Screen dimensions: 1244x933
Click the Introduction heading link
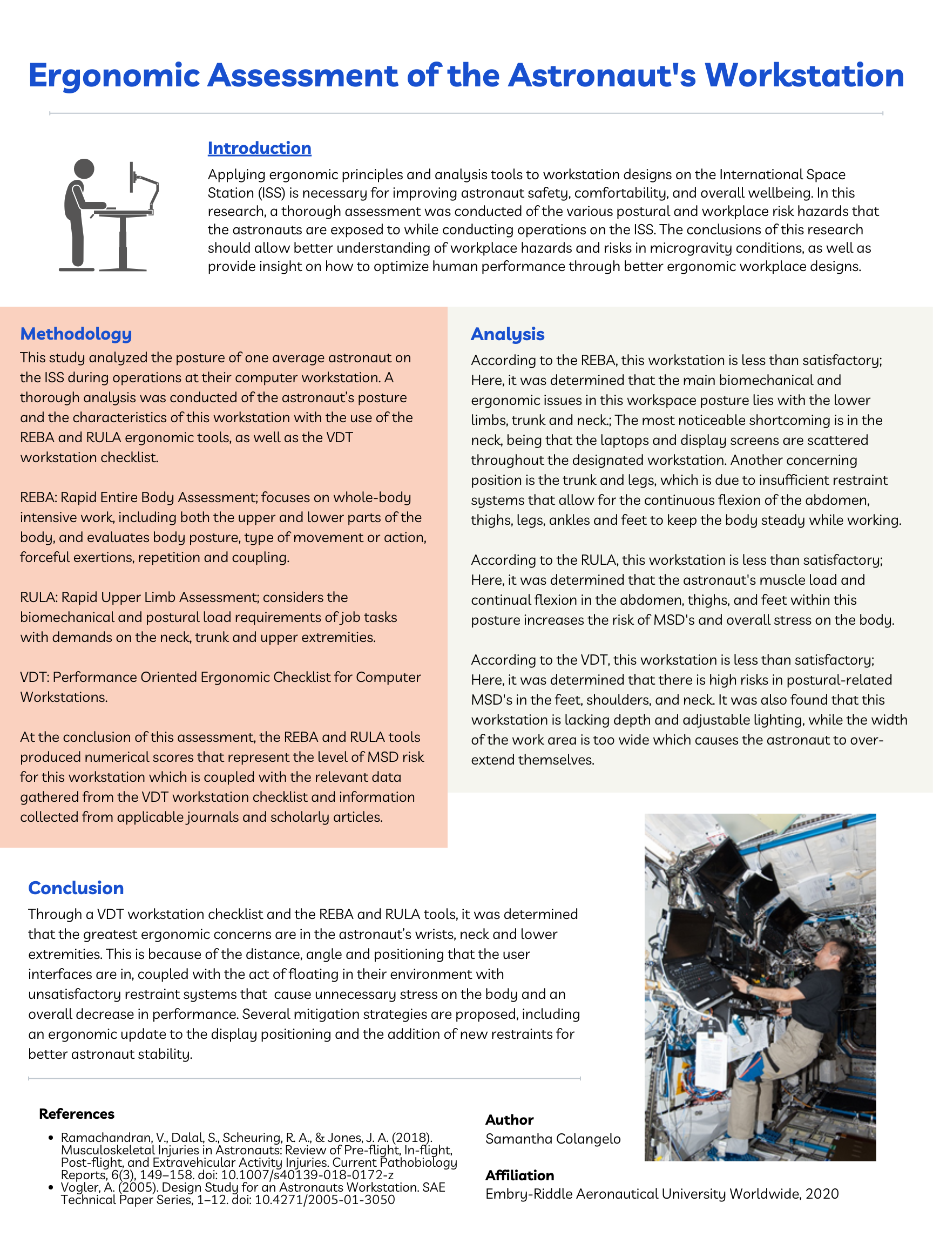point(259,148)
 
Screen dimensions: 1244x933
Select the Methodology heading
point(76,334)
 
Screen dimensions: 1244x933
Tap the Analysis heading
point(508,334)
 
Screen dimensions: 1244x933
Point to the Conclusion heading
point(76,888)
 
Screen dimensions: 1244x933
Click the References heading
point(77,1113)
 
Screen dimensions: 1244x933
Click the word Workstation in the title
point(804,76)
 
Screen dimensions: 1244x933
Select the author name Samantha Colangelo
point(553,1139)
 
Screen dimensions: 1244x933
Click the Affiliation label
point(519,1175)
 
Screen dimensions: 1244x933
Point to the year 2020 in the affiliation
point(822,1193)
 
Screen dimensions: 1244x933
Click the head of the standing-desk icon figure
point(84,168)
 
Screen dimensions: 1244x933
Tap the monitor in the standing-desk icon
point(132,177)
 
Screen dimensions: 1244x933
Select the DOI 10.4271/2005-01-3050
point(325,1200)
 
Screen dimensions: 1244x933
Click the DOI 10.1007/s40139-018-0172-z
point(307,1175)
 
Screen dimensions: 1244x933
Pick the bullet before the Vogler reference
point(51,1187)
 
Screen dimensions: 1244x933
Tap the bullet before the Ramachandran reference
point(51,1138)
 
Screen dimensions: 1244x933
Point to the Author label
point(509,1119)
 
